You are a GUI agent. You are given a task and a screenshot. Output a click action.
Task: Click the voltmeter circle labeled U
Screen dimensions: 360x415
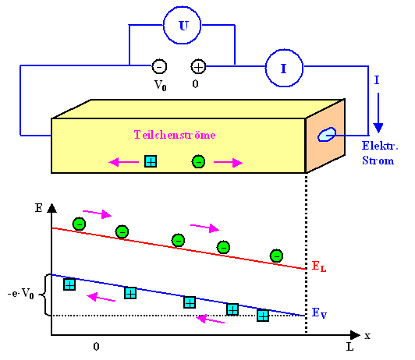[x=183, y=26]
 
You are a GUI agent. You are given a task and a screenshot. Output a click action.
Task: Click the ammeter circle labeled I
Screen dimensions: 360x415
[x=283, y=68]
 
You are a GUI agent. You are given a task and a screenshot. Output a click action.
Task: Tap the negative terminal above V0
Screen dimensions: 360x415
[x=158, y=67]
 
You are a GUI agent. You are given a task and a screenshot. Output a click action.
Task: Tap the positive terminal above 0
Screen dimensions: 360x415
[x=198, y=67]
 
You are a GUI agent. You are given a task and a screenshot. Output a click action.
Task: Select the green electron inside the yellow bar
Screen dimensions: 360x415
[x=198, y=161]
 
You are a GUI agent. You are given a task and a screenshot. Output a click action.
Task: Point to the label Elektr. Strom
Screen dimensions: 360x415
[x=379, y=153]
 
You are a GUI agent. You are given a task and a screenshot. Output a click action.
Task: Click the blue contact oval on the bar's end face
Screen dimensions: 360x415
[x=324, y=136]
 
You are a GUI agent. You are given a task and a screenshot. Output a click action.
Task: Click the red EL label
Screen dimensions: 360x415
[x=319, y=266]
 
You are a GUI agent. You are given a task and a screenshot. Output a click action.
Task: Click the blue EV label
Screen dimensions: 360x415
[x=319, y=312]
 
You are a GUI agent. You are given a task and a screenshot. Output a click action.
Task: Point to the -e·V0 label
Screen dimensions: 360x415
[x=19, y=295]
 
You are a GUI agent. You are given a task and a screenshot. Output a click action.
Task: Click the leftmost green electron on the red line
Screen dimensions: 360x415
[x=79, y=224]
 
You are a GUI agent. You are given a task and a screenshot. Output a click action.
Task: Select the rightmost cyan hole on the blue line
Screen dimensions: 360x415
[x=264, y=315]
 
